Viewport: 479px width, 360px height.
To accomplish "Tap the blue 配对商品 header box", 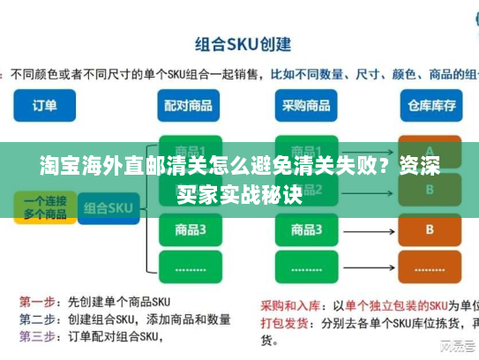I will pos(188,106).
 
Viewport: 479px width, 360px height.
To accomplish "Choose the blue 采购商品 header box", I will pos(308,106).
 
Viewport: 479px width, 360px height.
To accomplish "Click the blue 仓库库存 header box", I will pos(430,106).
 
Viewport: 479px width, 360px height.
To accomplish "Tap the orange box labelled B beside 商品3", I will pos(430,229).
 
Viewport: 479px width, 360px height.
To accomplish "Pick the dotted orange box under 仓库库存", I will pos(430,266).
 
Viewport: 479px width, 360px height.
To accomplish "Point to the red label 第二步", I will pos(37,319).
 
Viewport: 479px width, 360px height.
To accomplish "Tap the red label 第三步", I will pos(37,335).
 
